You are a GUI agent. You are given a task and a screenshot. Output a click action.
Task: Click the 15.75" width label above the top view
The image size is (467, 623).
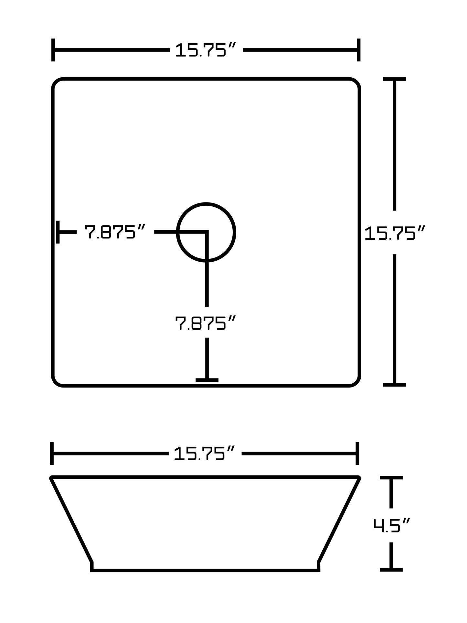click(206, 50)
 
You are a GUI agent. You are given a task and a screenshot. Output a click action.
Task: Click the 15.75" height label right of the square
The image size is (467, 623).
click(394, 233)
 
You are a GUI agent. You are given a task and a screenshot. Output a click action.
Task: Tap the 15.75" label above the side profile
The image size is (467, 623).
click(205, 454)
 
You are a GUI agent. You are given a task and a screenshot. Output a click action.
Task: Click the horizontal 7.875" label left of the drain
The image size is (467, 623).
click(115, 232)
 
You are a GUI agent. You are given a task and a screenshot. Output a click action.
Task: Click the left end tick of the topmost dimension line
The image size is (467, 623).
click(53, 50)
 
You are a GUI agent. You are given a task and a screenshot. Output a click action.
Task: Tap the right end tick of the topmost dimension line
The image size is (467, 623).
click(358, 50)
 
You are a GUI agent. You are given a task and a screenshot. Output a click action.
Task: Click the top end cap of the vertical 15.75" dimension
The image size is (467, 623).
click(394, 79)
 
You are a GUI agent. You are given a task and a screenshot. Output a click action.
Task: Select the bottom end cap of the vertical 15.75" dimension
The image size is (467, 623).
click(394, 385)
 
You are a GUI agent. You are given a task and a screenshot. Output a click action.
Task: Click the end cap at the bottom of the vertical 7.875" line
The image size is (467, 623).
click(207, 380)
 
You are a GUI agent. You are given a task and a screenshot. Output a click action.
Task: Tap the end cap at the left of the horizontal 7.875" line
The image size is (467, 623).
click(58, 232)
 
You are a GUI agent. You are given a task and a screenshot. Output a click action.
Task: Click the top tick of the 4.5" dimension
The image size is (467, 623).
click(391, 477)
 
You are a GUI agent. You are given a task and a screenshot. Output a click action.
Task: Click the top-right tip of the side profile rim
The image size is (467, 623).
click(359, 477)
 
